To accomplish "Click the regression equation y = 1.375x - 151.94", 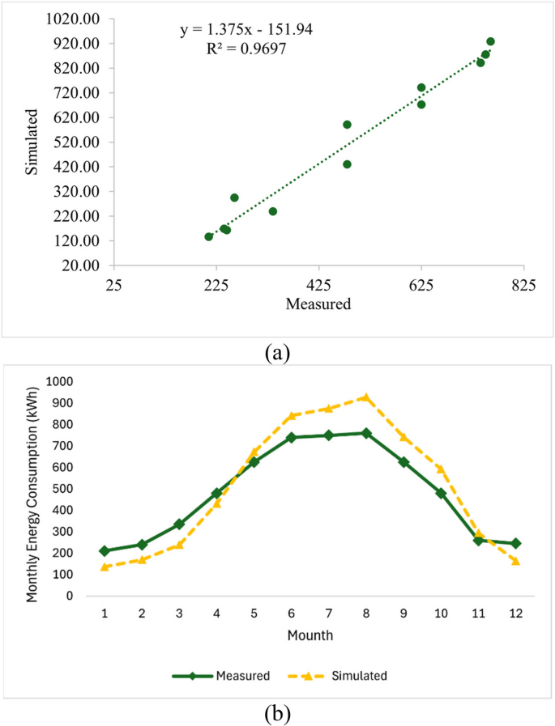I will click(246, 30).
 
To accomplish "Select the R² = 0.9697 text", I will click(246, 49).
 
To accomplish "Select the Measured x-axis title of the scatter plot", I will click(318, 305).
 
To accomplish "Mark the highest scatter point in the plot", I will click(490, 41).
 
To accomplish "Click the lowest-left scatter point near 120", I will click(209, 236).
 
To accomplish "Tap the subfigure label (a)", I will click(276, 353).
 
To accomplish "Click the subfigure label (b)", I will click(276, 714).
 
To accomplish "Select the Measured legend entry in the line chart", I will click(220, 675).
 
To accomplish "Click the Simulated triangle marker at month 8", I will click(366, 397).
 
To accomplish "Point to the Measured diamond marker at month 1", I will click(105, 550).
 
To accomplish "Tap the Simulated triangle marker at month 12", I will click(515, 561).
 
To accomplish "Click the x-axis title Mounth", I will click(310, 635).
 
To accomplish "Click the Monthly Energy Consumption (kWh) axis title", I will click(32, 489).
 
